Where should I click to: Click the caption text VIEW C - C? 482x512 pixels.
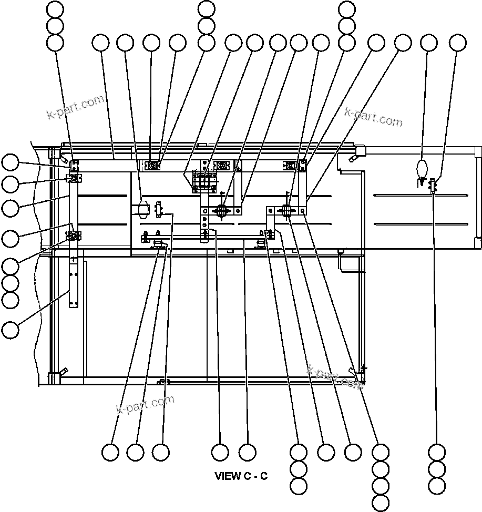(241, 476)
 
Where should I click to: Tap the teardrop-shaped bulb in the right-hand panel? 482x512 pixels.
(422, 169)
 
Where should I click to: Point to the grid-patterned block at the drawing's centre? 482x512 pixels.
(204, 181)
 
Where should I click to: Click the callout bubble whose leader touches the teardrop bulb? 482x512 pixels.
(429, 43)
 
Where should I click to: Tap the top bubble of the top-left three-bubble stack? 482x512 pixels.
(55, 9)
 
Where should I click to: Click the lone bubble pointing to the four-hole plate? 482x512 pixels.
(10, 330)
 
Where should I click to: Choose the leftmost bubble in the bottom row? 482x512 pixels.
(110, 452)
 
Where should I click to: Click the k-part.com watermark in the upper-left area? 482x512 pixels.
(75, 108)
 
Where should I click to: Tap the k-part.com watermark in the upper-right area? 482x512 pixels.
(373, 117)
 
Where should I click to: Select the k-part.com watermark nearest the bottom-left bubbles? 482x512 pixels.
(145, 405)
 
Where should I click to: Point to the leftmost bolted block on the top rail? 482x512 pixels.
(153, 166)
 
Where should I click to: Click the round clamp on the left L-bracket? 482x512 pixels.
(221, 211)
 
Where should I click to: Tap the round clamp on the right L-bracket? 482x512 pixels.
(287, 211)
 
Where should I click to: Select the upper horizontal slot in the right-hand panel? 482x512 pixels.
(420, 196)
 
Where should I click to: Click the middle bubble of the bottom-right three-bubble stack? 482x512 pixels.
(437, 468)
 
